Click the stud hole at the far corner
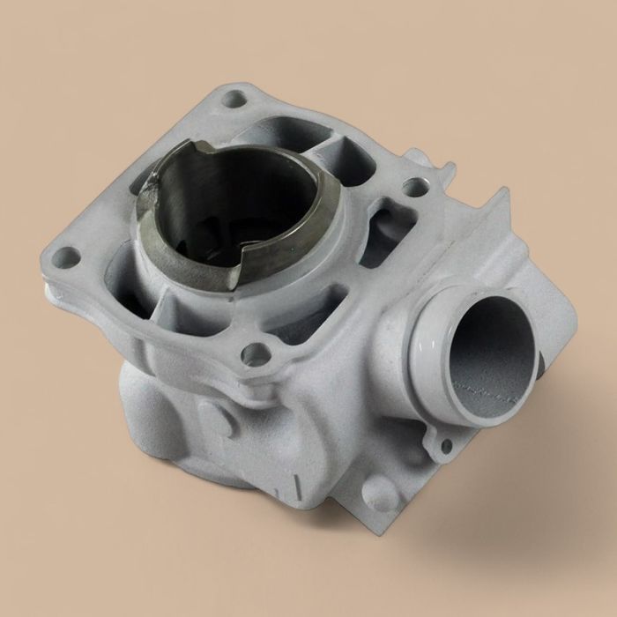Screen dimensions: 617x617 click(x=234, y=99)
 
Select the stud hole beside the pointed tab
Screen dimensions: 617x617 click(x=414, y=186)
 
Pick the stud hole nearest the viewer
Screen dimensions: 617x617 click(x=256, y=354)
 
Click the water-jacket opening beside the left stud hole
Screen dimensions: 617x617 click(x=123, y=282)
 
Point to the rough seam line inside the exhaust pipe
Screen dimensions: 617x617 click(x=490, y=388)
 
